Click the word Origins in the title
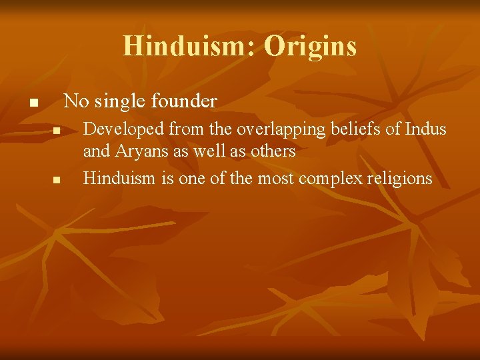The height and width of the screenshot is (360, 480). pyautogui.click(x=310, y=46)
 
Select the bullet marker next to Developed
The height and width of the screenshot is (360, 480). pyautogui.click(x=57, y=131)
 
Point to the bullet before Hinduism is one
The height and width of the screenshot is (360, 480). pyautogui.click(x=57, y=180)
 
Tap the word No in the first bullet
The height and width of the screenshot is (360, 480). pyautogui.click(x=75, y=101)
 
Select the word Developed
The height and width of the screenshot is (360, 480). pyautogui.click(x=117, y=129)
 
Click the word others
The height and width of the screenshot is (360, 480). pyautogui.click(x=273, y=151)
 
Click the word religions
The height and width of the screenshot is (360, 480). pyautogui.click(x=400, y=179)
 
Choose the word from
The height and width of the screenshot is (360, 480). pyautogui.click(x=175, y=129)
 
